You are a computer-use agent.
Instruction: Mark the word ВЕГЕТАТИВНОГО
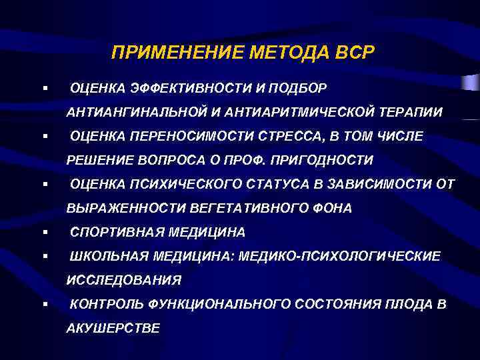(x=244, y=208)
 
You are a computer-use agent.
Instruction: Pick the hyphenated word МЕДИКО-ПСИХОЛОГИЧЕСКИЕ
(x=333, y=256)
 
